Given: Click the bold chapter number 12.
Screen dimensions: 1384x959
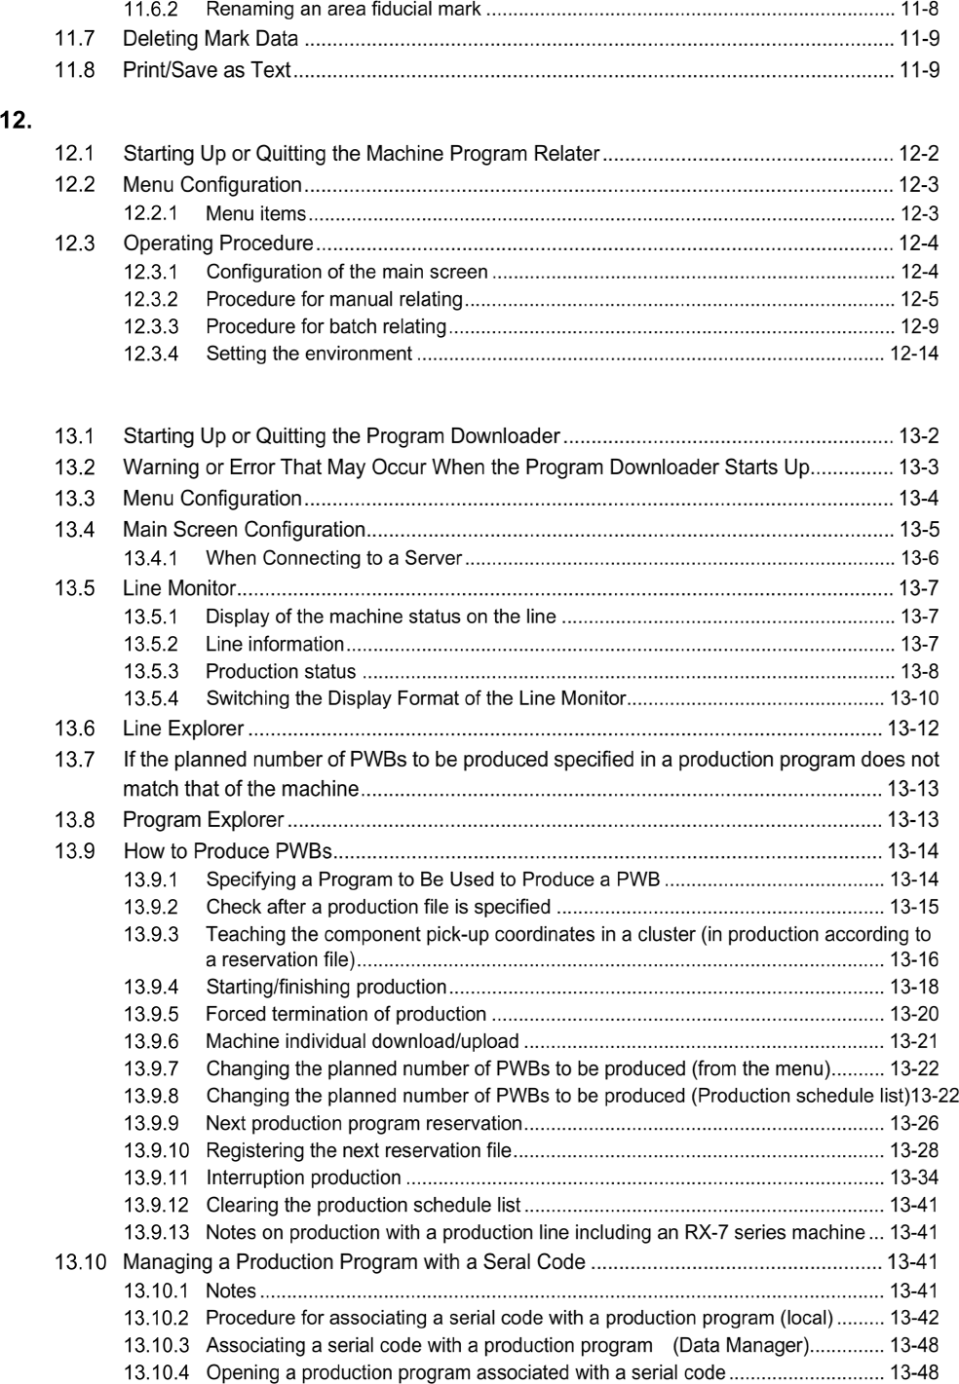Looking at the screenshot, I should (16, 122).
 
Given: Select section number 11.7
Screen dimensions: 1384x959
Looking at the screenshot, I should (74, 40).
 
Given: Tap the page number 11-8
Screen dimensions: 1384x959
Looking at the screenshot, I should (918, 11).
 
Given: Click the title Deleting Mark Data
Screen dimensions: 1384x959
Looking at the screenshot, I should (211, 40).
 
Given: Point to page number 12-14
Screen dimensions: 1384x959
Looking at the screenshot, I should (913, 354).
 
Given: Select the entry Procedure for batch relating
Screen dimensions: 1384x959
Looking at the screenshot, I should (326, 326).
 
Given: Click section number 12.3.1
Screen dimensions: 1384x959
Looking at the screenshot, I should (150, 272).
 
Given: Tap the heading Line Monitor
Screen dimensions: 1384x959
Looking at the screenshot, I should (179, 588).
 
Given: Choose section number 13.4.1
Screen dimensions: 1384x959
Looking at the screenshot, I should (150, 558).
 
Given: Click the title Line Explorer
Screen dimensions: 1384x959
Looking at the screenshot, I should (183, 729).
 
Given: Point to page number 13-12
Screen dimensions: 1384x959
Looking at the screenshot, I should (913, 729).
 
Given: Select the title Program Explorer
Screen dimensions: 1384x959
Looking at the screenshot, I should (204, 820).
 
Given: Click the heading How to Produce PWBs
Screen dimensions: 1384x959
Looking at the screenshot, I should (228, 851).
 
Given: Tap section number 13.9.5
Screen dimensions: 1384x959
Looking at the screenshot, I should (150, 1014).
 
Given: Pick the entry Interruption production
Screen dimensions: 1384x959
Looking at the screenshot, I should (303, 1178).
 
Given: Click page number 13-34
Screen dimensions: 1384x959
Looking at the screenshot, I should (913, 1178).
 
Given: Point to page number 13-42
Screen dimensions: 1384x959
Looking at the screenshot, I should (913, 1319).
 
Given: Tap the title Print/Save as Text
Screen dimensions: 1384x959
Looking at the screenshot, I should (207, 70).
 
